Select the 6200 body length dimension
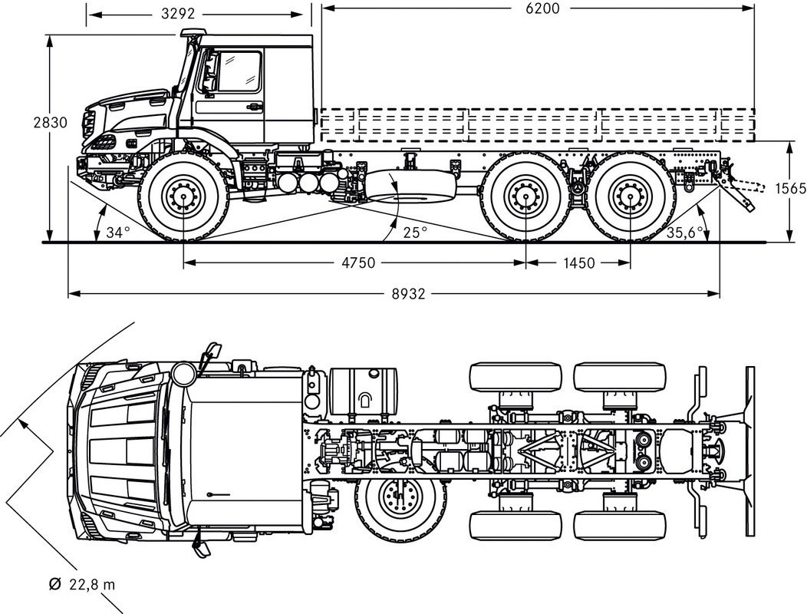click(542, 8)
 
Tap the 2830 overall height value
click(50, 123)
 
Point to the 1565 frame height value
click(791, 189)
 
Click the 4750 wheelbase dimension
click(359, 262)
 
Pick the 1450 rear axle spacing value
click(578, 263)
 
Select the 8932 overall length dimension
click(408, 294)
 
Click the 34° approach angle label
click(118, 233)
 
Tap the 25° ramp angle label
click(415, 233)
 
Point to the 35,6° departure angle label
click(684, 233)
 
